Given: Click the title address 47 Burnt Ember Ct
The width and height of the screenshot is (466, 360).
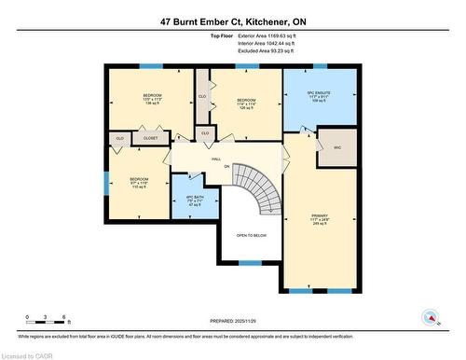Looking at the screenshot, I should click(x=233, y=19).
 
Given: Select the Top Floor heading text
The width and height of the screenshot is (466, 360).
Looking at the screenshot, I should click(x=223, y=36).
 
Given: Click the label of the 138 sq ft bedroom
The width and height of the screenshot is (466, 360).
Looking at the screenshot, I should click(x=151, y=100).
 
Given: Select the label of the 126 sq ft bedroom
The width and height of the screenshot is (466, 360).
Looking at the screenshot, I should click(x=246, y=103).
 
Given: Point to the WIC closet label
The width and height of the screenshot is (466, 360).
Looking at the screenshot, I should click(x=336, y=149).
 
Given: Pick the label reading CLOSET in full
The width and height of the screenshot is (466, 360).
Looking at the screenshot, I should click(x=150, y=138).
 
